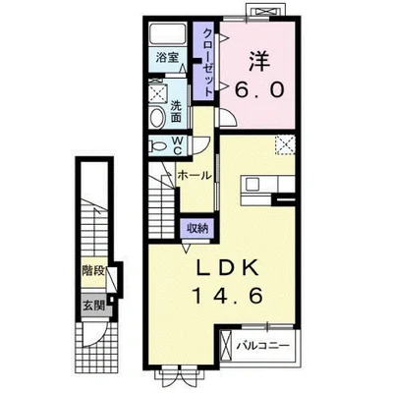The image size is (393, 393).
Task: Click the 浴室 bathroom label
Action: [167, 58]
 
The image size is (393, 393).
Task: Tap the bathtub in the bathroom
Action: [168, 32]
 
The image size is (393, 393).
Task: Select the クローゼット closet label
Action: [208, 62]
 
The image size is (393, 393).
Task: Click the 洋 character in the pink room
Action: [259, 61]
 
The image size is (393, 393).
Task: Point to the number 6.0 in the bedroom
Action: [258, 89]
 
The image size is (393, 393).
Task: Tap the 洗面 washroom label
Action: [176, 112]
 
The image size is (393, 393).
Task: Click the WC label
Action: [177, 145]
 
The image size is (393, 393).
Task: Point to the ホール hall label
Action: [195, 176]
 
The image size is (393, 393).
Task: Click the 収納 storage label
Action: [197, 228]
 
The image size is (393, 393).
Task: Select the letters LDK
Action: [228, 269]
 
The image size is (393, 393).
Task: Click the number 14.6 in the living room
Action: [228, 296]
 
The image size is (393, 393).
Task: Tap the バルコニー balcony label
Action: [263, 346]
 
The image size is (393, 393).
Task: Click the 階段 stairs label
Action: [93, 271]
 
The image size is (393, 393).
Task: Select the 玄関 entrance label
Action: [93, 306]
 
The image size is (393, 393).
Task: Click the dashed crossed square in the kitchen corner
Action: [285, 144]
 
